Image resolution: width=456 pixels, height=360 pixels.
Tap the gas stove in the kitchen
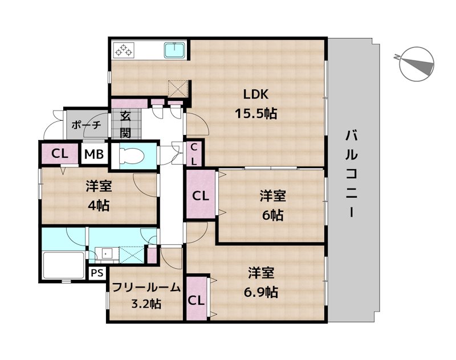pyautogui.click(x=123, y=50)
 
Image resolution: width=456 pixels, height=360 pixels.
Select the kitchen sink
pyautogui.click(x=174, y=51)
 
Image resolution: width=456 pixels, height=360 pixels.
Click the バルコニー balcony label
pyautogui.click(x=352, y=174)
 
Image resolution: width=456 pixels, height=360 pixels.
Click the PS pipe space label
pyautogui.click(x=96, y=273)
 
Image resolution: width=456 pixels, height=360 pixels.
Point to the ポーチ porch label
pyautogui.click(x=86, y=125)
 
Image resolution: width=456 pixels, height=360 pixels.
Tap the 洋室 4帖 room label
pyautogui.click(x=99, y=195)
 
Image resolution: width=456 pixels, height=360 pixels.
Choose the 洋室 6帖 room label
pyautogui.click(x=272, y=205)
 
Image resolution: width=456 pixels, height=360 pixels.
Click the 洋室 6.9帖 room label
pyautogui.click(x=263, y=282)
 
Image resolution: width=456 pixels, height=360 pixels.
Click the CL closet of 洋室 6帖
pyautogui.click(x=200, y=197)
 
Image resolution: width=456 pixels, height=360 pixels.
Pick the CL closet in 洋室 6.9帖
pyautogui.click(x=196, y=300)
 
